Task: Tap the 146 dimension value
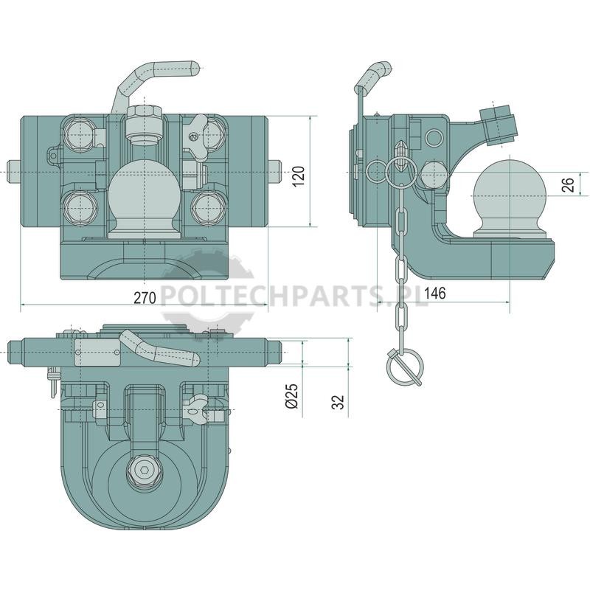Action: point(434,293)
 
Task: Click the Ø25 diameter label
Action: point(292,395)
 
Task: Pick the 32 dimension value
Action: point(339,402)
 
